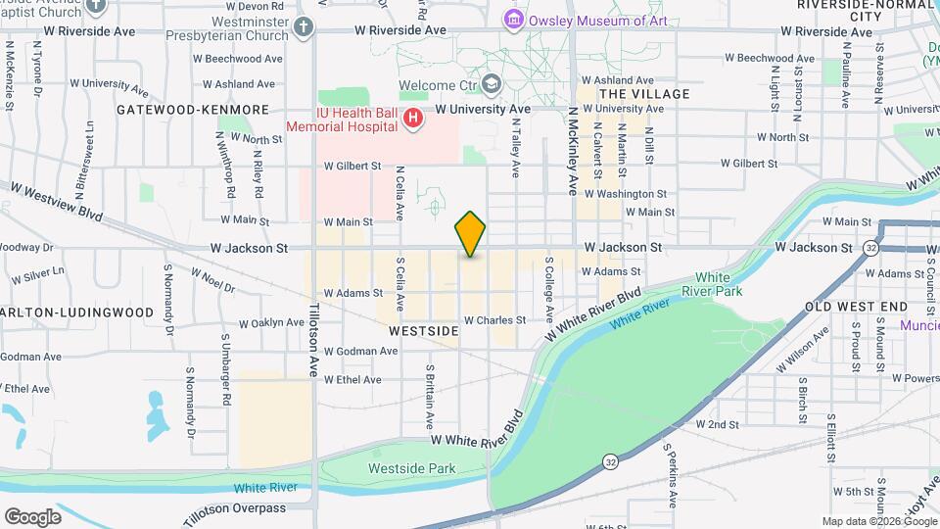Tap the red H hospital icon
click(413, 119)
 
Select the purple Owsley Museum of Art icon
click(512, 20)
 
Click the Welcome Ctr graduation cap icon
click(493, 85)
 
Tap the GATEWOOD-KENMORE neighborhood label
click(192, 110)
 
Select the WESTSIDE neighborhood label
click(424, 332)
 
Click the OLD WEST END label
click(856, 308)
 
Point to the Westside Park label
click(411, 469)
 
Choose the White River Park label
click(719, 284)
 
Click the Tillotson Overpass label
click(239, 508)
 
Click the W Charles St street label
click(494, 320)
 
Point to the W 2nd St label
click(717, 424)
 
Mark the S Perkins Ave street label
click(671, 477)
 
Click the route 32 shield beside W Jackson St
click(870, 248)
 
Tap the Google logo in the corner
click(32, 516)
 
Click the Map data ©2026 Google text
click(877, 521)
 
